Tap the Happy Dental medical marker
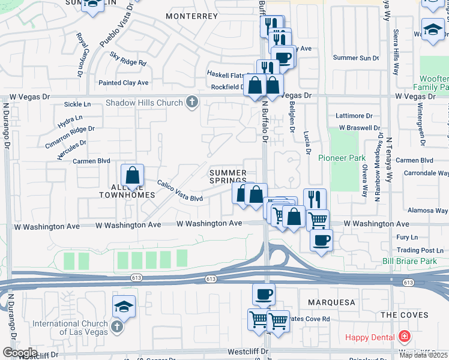(x=405, y=337)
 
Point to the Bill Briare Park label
(x=410, y=262)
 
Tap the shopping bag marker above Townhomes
(x=132, y=176)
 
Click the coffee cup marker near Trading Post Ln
(x=322, y=240)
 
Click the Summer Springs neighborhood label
(x=228, y=176)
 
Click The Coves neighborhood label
(x=405, y=315)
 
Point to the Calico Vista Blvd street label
(x=181, y=191)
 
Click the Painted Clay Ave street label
(x=124, y=83)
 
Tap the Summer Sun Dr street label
(x=356, y=58)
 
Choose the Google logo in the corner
(x=20, y=353)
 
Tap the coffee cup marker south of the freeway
(x=264, y=295)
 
